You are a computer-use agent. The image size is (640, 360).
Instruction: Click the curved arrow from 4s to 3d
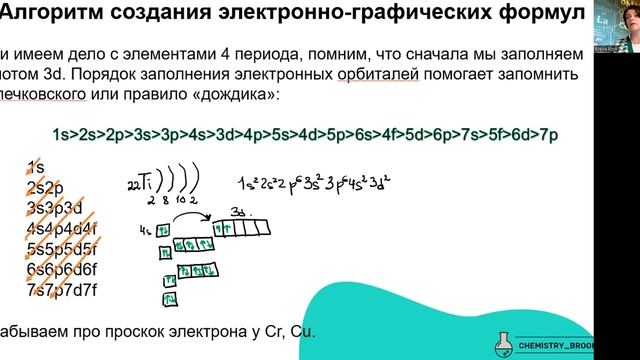pos(193,217)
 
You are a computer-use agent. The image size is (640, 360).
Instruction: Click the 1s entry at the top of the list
pos(38,166)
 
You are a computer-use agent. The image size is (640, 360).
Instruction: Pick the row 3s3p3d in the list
pos(56,207)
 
